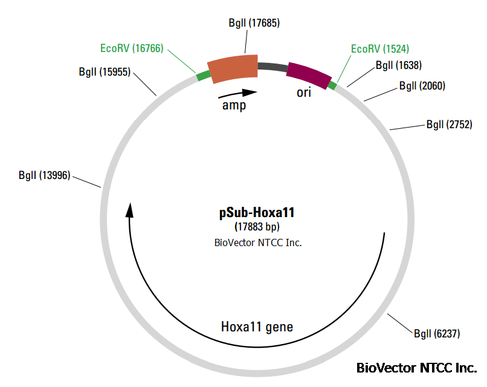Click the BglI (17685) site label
pyautogui.click(x=254, y=24)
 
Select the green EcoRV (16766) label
pyautogui.click(x=132, y=48)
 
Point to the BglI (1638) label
pyautogui.click(x=398, y=65)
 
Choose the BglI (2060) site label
pyautogui.click(x=422, y=86)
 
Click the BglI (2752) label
pyautogui.click(x=449, y=125)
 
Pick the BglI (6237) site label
pyautogui.click(x=437, y=333)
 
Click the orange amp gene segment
pyautogui.click(x=233, y=69)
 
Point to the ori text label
pyautogui.click(x=305, y=94)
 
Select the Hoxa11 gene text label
pyautogui.click(x=257, y=327)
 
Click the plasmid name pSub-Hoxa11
pyautogui.click(x=257, y=213)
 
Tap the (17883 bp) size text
pyautogui.click(x=257, y=228)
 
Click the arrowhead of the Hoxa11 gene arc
pyautogui.click(x=129, y=210)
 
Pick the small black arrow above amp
pyautogui.click(x=237, y=94)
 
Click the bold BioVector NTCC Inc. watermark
pyautogui.click(x=416, y=368)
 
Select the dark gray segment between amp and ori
pyautogui.click(x=272, y=67)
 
